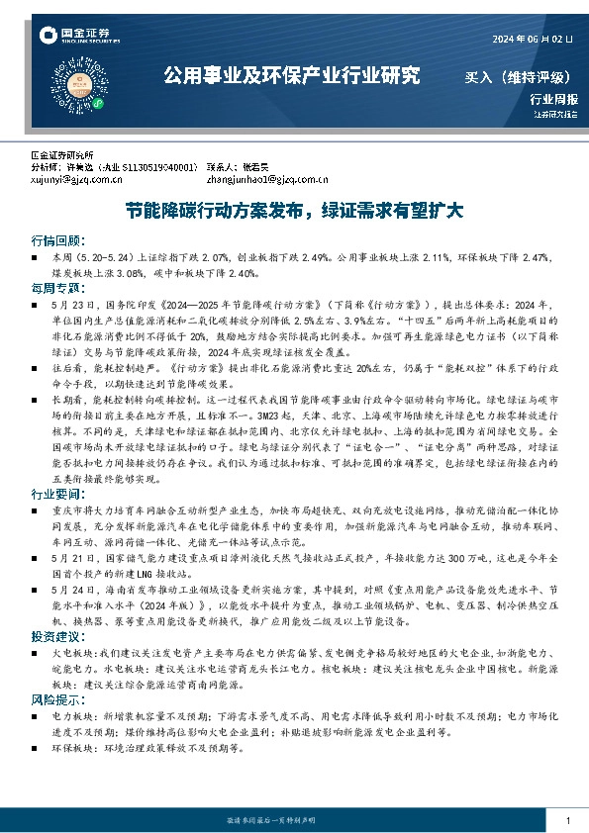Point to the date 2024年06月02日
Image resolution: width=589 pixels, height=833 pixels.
click(x=534, y=39)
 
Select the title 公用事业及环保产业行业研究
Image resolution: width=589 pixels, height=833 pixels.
click(x=291, y=76)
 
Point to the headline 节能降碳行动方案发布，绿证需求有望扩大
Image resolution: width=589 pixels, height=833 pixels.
click(x=294, y=211)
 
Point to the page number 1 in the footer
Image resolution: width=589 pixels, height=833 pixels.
click(x=567, y=822)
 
